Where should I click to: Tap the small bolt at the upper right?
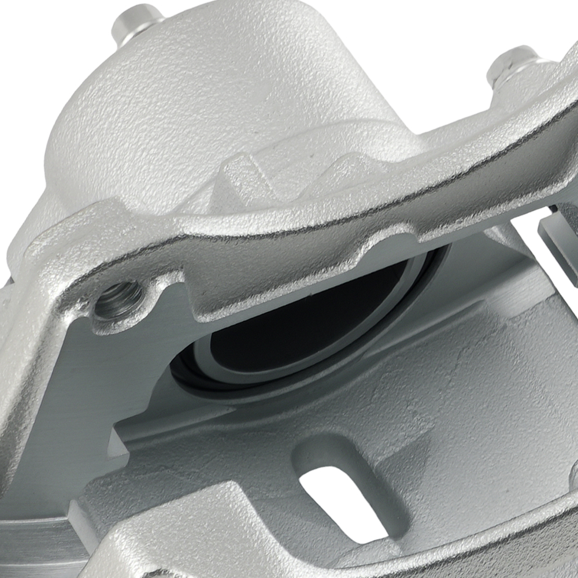(511, 64)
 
